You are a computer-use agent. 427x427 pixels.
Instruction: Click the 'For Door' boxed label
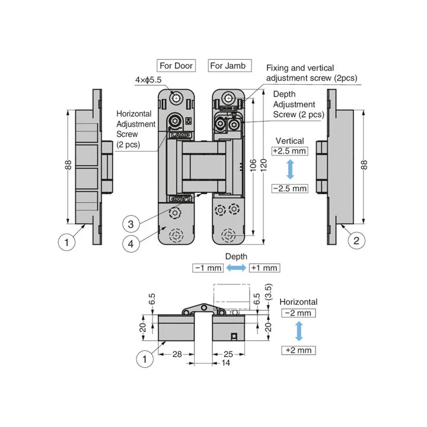point(176,66)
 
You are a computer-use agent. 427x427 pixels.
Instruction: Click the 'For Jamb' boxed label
point(230,66)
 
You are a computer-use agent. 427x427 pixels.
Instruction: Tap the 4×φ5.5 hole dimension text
point(148,80)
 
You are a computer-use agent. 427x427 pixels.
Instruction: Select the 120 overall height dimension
point(263,165)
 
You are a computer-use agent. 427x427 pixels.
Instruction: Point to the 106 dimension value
point(253,165)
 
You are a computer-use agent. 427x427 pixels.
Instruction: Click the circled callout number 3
point(130,224)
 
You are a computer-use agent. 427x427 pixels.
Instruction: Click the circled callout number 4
point(130,244)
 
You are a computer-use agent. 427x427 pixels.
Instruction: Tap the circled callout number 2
point(356,241)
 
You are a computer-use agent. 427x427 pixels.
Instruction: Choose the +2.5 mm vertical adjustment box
point(290,151)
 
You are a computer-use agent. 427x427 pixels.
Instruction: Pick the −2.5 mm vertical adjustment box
point(290,189)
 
